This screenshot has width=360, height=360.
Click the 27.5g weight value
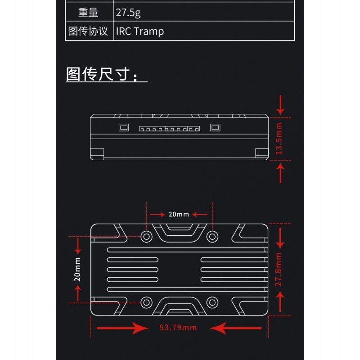128,13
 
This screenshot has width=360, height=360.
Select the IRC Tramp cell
140,31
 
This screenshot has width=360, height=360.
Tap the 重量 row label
88,13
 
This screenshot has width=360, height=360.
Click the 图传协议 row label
88,31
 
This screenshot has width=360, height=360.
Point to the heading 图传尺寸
106,75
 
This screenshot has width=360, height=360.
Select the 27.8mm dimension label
279,270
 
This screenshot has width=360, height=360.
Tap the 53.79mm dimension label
178,328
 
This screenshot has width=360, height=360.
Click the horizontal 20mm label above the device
179,214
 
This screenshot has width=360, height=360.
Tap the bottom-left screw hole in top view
146,302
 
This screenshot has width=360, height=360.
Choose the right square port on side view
215,127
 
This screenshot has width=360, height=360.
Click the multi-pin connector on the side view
169,129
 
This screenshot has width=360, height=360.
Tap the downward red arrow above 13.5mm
281,104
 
